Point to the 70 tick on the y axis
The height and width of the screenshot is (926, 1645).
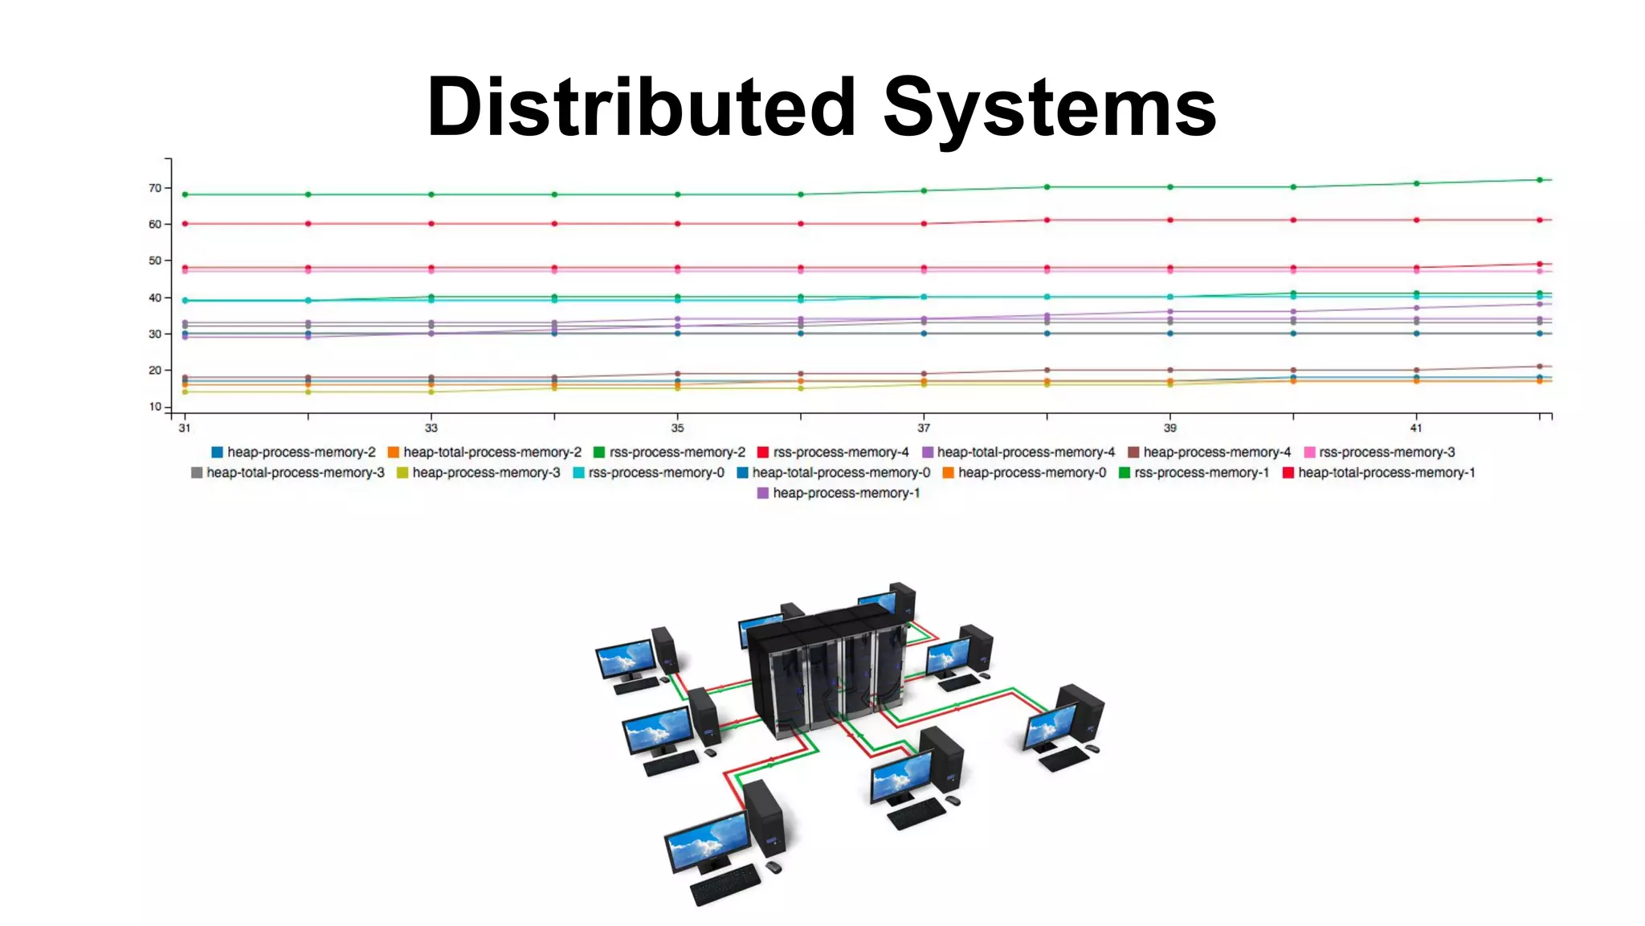(x=155, y=188)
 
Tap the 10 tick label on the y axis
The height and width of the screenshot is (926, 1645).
(x=155, y=407)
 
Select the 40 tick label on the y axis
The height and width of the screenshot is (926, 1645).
(x=155, y=297)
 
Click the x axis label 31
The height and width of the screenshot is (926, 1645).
(x=185, y=428)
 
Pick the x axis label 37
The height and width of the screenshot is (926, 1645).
(x=924, y=428)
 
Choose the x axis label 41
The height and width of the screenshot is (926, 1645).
(x=1416, y=428)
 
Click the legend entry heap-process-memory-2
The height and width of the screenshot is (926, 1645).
(x=293, y=453)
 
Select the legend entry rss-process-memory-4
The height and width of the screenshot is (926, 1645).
(x=833, y=453)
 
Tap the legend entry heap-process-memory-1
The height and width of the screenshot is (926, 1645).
(x=839, y=494)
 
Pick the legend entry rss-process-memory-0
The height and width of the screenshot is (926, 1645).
(x=648, y=473)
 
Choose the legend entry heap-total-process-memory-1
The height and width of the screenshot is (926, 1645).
(x=1379, y=473)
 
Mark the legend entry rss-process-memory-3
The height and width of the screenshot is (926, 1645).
(x=1379, y=453)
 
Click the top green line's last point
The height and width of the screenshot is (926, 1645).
(x=1540, y=180)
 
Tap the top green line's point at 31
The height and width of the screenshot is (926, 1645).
(x=185, y=195)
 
